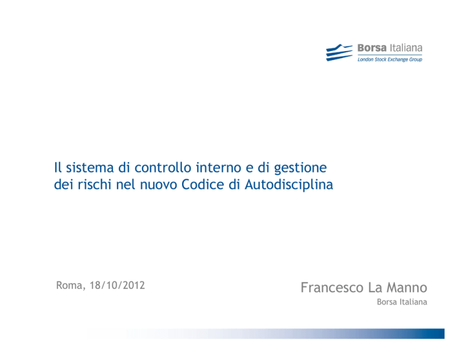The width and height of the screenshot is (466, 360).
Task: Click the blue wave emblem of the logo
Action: (339, 53)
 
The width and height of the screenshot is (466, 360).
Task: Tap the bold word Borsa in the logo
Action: (372, 48)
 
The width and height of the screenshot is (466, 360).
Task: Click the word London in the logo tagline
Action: (365, 59)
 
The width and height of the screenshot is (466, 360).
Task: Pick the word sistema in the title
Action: (90, 168)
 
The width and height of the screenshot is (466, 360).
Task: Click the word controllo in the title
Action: (163, 168)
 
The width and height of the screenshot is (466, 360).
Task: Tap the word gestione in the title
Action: (300, 169)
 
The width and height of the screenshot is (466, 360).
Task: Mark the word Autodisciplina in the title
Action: (289, 185)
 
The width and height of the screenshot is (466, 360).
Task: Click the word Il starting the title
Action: (58, 168)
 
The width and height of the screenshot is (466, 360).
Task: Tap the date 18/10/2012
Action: (117, 285)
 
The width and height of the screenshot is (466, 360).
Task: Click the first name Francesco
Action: (332, 288)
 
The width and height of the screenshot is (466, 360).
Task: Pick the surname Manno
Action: (407, 288)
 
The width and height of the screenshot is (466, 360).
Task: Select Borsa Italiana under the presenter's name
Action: (402, 302)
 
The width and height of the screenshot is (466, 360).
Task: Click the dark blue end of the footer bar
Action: (437, 333)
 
